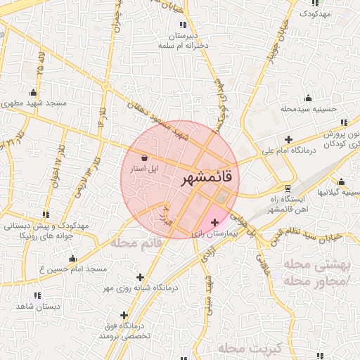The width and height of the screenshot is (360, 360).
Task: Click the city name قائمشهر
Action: coord(210,178)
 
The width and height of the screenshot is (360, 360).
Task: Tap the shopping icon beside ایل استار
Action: coord(144,157)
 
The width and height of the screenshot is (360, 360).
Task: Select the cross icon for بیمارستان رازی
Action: coord(214,222)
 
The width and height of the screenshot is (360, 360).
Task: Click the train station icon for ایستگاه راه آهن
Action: coord(287,188)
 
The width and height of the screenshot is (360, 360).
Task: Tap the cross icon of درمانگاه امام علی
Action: coord(288,139)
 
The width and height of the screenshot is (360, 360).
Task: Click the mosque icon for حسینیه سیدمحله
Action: coord(307,98)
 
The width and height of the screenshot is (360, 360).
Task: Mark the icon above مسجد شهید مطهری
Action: coord(33,92)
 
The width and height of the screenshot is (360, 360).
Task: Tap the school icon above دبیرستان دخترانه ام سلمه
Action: coord(183,25)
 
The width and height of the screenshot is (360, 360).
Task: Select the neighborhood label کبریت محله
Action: coord(250,348)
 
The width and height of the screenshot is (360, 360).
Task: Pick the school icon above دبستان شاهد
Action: coord(37,295)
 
